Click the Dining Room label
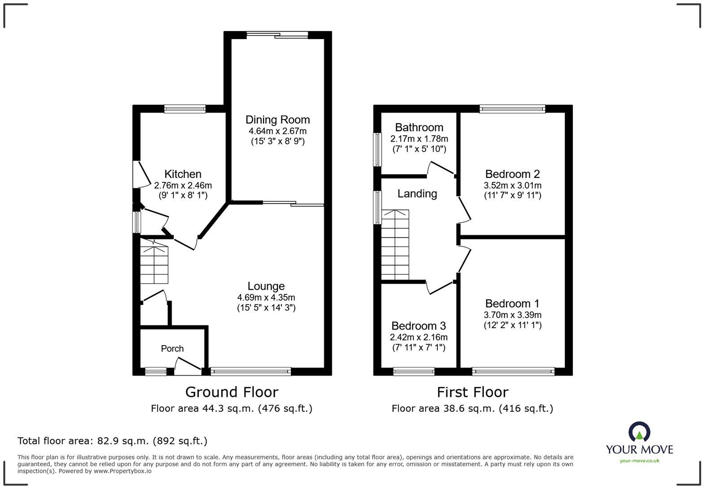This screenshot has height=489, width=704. (x=277, y=120)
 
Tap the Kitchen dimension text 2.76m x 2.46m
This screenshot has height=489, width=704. (x=183, y=185)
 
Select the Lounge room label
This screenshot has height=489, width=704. (x=266, y=286)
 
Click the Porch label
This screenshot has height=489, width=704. (x=172, y=349)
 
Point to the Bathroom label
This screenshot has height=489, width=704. (x=419, y=128)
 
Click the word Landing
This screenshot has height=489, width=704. (x=417, y=194)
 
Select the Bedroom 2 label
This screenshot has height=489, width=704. (x=512, y=174)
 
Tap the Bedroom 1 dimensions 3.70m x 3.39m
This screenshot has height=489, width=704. (x=512, y=315)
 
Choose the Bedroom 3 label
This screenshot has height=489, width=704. (x=418, y=326)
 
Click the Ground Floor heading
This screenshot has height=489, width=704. (x=232, y=392)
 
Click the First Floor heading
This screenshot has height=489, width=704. (x=472, y=392)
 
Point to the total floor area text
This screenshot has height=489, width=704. (x=112, y=441)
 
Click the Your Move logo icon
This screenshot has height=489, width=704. (x=639, y=432)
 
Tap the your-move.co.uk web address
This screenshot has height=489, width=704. (x=639, y=460)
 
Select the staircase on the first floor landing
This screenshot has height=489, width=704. (x=395, y=245)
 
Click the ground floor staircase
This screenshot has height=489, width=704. (x=154, y=264)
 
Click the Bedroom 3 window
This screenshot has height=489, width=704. (x=414, y=372)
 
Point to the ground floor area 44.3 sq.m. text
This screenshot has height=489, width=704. (x=232, y=409)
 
